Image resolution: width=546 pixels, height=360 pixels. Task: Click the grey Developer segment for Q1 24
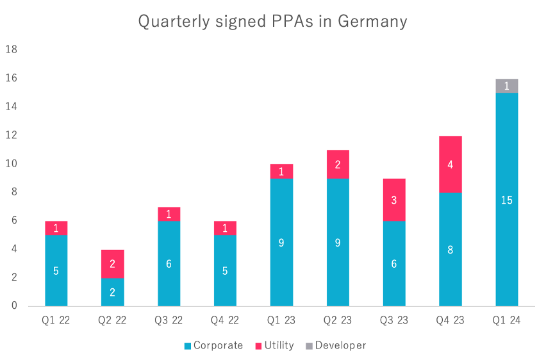507,86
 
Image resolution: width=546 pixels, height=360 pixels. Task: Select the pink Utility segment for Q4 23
451,164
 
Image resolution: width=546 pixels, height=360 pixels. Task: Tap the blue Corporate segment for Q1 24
507,199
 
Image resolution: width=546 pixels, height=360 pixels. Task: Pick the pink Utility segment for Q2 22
113,264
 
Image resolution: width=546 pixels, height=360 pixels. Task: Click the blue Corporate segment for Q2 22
113,292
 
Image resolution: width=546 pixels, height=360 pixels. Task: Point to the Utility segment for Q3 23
394,200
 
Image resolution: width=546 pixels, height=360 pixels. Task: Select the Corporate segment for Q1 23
281,242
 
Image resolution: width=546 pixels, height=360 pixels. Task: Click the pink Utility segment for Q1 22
56,228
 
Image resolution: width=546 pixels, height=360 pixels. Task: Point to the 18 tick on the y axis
12,50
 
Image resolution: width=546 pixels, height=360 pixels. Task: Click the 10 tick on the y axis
12,164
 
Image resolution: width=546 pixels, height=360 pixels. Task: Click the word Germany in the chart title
372,22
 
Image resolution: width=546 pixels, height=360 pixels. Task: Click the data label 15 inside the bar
507,200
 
